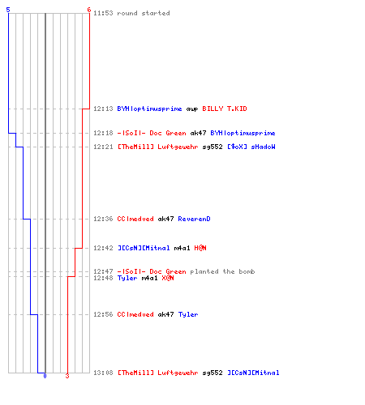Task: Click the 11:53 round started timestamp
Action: tap(103, 13)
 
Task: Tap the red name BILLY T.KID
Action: tap(225, 109)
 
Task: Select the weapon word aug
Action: tap(192, 109)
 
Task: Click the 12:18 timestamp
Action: tap(103, 133)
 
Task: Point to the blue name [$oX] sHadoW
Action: tap(251, 147)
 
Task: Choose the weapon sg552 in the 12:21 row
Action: tap(213, 147)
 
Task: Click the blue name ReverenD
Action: tap(194, 219)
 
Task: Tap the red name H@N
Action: tap(200, 248)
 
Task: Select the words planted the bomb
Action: tap(222, 271)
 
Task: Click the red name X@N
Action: tap(168, 278)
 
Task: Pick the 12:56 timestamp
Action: tap(103, 314)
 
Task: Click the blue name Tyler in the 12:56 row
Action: tap(188, 314)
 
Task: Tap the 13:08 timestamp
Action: tap(103, 373)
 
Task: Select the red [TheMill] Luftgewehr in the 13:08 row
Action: tap(157, 373)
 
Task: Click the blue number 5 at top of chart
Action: tap(8, 10)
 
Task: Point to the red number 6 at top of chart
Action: tap(89, 10)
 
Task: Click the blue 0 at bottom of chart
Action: tap(45, 376)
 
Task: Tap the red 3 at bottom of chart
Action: tap(67, 376)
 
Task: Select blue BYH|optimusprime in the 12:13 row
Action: tap(149, 109)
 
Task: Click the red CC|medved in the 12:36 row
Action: tap(135, 219)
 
